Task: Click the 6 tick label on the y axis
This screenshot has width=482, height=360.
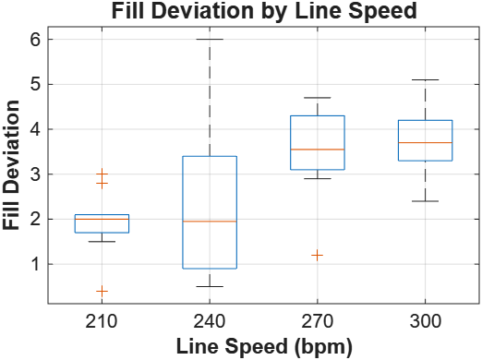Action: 35,40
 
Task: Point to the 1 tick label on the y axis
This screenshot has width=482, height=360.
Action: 35,264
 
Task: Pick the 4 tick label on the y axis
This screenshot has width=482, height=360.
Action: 35,129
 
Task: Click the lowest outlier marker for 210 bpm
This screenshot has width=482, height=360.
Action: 102,291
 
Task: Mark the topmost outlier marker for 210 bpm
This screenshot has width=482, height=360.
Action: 102,174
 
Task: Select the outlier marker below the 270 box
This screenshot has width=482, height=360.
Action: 318,255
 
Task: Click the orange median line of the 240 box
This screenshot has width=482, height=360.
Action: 210,222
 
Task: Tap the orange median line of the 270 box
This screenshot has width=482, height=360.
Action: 318,150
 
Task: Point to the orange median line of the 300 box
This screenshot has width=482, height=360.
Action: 425,143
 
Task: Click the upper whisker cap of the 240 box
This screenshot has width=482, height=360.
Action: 210,40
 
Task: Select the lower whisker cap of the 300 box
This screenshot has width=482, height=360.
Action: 425,201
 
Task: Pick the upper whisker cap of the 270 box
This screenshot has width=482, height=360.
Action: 318,98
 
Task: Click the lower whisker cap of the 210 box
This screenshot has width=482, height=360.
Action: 102,242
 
